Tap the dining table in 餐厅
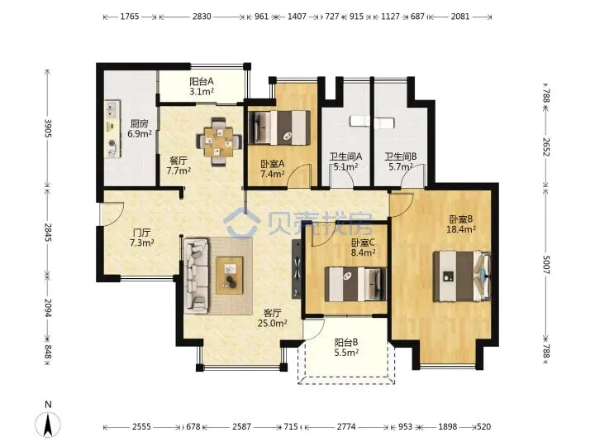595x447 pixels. point(219,142)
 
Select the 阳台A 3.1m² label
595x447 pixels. point(202,86)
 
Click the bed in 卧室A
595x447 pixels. point(279,127)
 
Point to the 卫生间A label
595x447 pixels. point(345,156)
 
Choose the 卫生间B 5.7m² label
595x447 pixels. point(401,161)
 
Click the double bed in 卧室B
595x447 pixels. point(462,276)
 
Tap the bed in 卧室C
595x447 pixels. point(355,284)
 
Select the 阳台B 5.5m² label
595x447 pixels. point(346,348)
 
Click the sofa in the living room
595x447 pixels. point(196,276)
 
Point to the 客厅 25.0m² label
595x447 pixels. point(272,318)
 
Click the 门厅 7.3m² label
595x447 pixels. point(141,238)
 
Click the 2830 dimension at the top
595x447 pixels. point(202,17)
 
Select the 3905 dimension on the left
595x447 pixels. point(48,127)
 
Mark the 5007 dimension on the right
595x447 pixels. point(545,264)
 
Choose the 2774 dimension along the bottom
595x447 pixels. point(346,427)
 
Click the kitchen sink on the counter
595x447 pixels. point(112,109)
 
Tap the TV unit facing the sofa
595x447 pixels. point(297,269)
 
